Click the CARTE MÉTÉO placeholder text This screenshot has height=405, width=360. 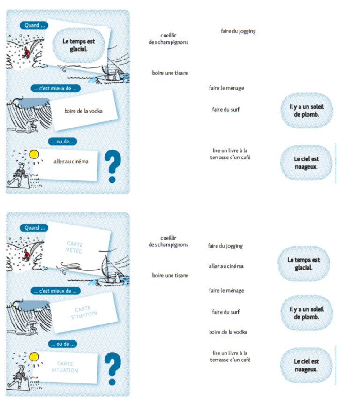pos(74,247)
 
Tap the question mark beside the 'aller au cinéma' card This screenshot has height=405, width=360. pos(112,166)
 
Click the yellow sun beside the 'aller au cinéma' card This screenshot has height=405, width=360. pos(33,154)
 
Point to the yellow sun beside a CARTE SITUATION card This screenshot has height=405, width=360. pos(33,356)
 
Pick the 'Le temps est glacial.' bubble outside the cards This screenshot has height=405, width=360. pos(303,264)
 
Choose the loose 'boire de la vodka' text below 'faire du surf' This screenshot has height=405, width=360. pos(228,332)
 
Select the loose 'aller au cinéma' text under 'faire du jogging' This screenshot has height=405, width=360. pos(226,266)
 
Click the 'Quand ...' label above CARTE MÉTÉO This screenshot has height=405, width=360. pos(33,228)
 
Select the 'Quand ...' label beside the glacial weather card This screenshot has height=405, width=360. pos(33,25)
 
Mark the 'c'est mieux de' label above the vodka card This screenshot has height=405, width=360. pos(55,88)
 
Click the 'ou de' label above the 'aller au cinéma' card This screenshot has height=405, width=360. pos(63,142)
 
